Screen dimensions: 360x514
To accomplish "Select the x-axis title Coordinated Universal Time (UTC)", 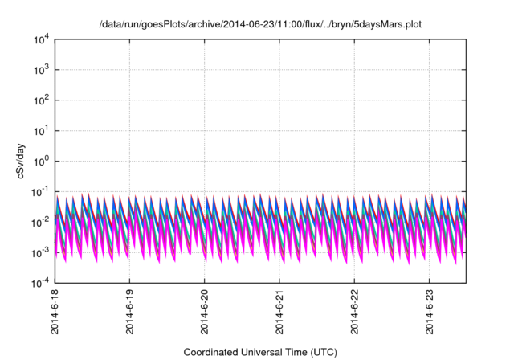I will coord(260,352).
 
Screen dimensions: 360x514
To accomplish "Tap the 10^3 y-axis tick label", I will coord(43,70).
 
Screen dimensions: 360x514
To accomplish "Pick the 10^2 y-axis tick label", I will coord(43,100).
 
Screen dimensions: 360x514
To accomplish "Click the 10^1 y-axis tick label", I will coord(43,131).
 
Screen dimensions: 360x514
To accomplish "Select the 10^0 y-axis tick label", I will coord(43,162).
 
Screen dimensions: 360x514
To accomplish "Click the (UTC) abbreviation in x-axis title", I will coord(324,352).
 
